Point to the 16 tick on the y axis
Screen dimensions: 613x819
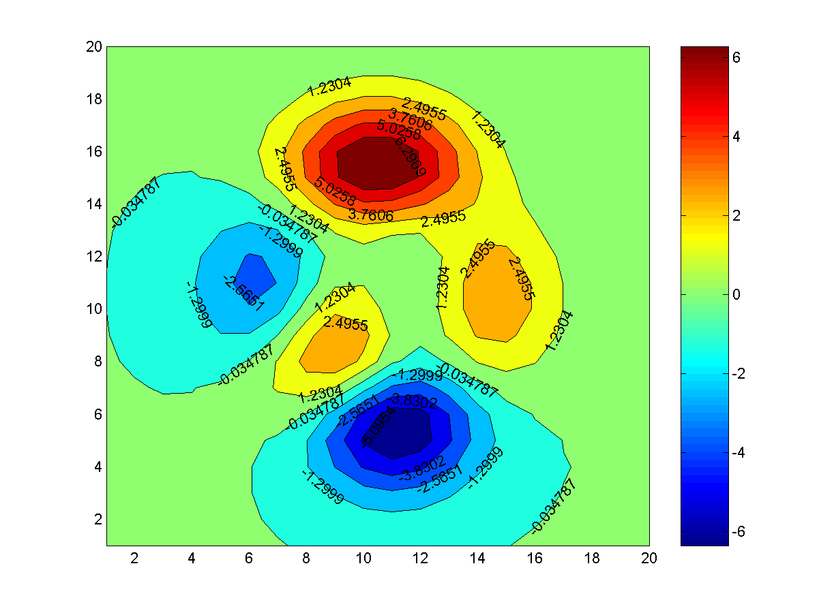click(93, 151)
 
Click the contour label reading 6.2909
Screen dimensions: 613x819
click(408, 158)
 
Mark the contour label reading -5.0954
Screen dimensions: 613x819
click(372, 428)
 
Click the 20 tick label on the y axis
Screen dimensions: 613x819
click(93, 46)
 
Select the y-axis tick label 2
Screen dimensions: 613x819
click(97, 519)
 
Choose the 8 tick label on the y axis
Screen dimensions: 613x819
click(97, 361)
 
